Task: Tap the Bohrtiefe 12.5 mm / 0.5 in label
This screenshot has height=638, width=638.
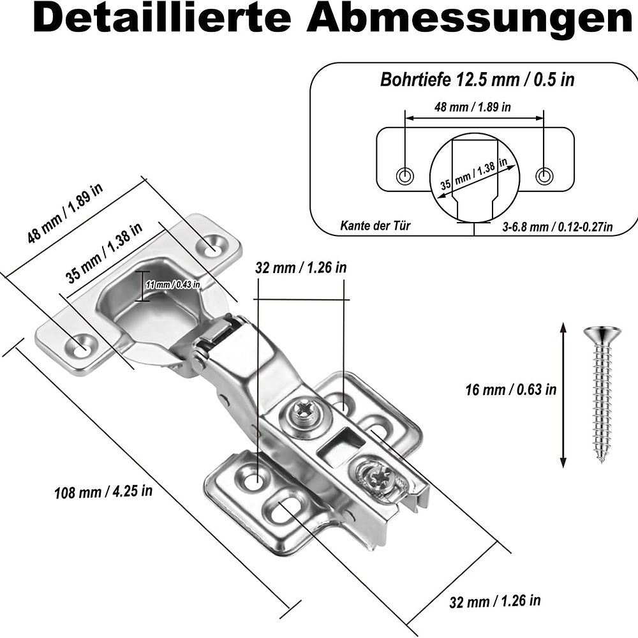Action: (x=477, y=80)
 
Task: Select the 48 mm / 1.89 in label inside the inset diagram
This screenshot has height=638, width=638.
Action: (x=473, y=107)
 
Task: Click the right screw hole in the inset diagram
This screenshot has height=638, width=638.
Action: (x=544, y=175)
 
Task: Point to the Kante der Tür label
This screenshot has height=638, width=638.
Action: (x=376, y=225)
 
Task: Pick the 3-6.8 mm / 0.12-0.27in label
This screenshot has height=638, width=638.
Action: (x=558, y=226)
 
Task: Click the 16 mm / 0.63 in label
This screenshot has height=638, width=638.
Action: (x=510, y=389)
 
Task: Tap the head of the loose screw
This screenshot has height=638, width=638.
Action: (x=602, y=334)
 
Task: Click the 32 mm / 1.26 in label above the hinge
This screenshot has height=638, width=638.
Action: (x=300, y=267)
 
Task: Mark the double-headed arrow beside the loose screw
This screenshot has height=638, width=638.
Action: (x=563, y=396)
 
